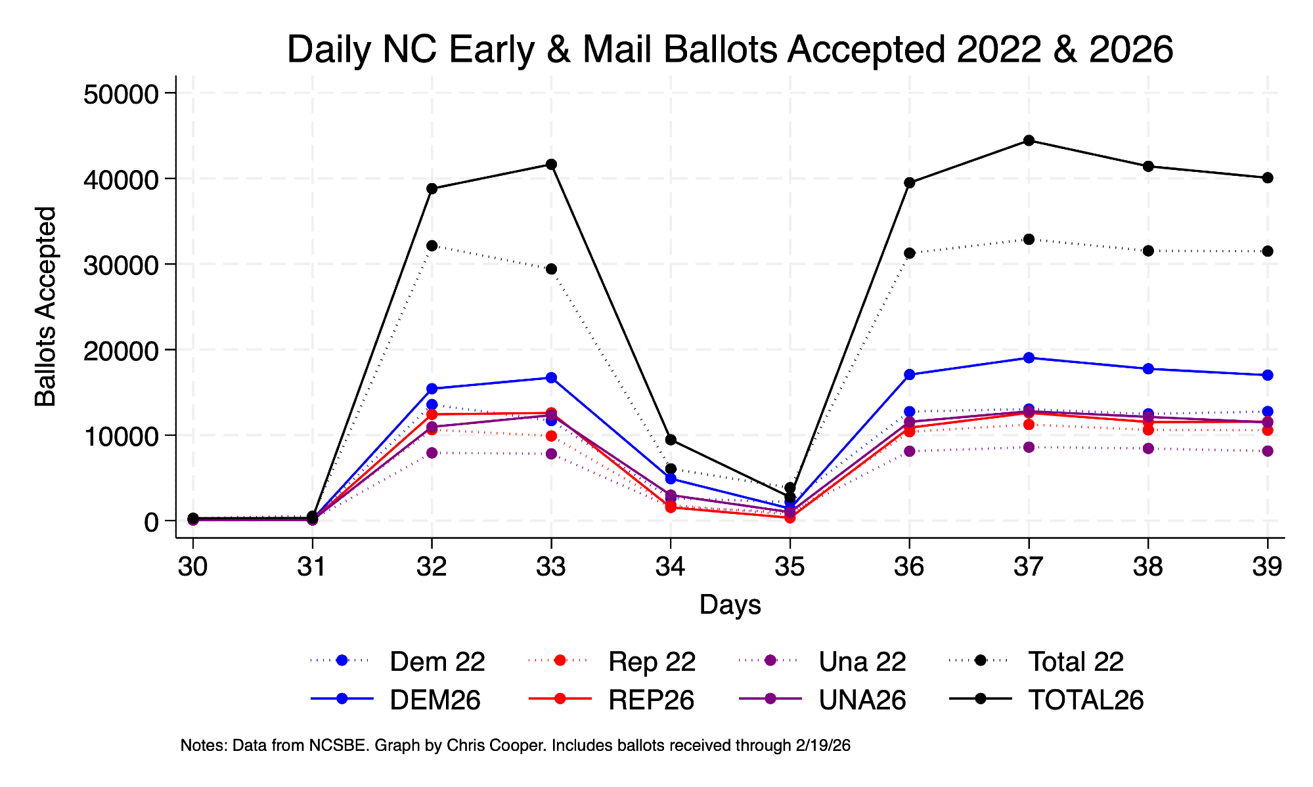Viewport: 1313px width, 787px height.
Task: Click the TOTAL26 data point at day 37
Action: [x=1029, y=140]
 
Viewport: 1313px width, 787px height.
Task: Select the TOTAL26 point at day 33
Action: [x=551, y=164]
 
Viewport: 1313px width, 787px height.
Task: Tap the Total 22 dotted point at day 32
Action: [x=432, y=245]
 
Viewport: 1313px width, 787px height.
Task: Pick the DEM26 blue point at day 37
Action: [x=1029, y=358]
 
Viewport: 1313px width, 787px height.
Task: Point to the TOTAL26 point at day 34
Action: [x=671, y=440]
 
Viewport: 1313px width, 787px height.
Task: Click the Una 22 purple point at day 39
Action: [x=1268, y=451]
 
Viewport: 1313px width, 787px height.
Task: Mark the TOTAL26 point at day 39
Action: [x=1268, y=178]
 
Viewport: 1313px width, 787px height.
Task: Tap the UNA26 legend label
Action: [x=862, y=700]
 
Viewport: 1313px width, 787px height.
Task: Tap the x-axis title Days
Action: [x=730, y=605]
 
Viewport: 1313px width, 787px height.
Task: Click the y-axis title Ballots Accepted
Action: [x=46, y=307]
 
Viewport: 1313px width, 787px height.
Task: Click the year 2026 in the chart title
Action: [x=1131, y=50]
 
